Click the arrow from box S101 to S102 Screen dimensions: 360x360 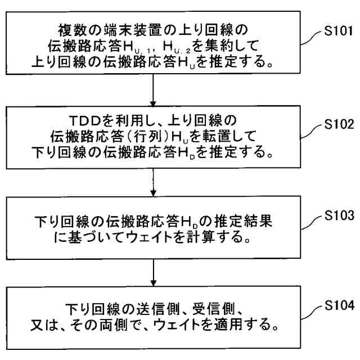click(x=154, y=87)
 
